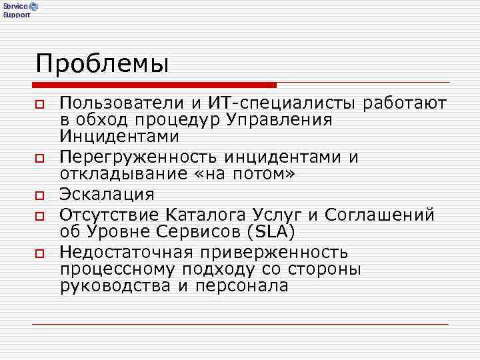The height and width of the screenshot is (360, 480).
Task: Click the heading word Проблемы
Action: (x=103, y=65)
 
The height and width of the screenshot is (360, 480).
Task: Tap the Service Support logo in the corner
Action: (x=20, y=9)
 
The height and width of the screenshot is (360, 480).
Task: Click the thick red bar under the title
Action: (x=154, y=85)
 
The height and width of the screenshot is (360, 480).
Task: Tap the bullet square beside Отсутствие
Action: (x=40, y=217)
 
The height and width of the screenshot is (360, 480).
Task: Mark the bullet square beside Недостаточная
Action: (x=40, y=254)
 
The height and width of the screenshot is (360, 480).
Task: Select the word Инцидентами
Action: (x=119, y=137)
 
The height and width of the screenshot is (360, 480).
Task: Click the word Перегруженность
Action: (x=138, y=157)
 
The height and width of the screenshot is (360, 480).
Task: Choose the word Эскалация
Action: (x=107, y=195)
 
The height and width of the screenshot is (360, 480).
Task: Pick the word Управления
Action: (x=279, y=120)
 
